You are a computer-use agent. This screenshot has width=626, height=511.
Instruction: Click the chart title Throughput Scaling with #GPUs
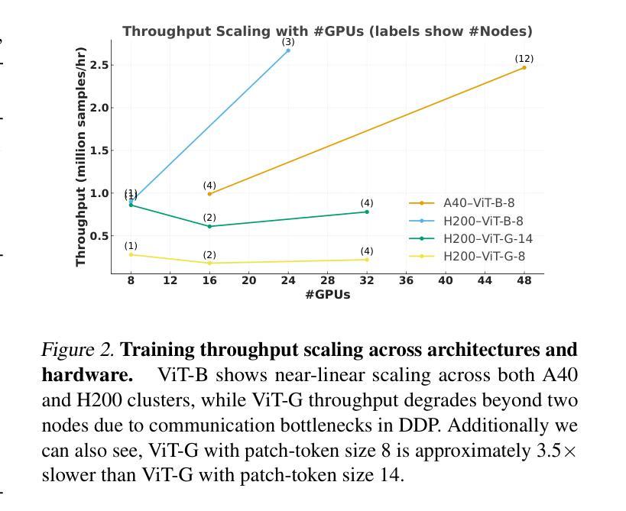tap(327, 31)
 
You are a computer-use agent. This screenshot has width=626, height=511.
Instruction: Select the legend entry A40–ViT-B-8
tap(478, 203)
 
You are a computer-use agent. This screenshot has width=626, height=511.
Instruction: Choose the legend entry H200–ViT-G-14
tap(488, 238)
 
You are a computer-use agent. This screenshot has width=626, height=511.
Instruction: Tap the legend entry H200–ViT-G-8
tap(484, 256)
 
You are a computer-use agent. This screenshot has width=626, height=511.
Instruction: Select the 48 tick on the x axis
tap(524, 280)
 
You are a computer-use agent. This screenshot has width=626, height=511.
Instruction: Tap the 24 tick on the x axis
tap(288, 280)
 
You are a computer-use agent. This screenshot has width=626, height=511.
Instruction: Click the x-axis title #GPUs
tap(327, 295)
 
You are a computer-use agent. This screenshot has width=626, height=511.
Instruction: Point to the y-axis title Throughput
tap(81, 157)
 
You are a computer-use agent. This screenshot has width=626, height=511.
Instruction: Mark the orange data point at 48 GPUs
tap(524, 68)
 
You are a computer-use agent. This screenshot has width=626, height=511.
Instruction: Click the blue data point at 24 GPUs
tap(288, 50)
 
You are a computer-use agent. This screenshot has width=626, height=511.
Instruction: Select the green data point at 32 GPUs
tap(367, 212)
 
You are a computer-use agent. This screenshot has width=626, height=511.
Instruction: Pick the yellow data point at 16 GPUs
tap(209, 263)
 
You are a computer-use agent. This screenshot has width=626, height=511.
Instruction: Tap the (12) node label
tap(524, 59)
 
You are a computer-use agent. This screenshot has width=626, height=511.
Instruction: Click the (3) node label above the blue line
tap(288, 42)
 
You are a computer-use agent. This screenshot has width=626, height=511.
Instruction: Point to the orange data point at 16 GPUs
tap(209, 194)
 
